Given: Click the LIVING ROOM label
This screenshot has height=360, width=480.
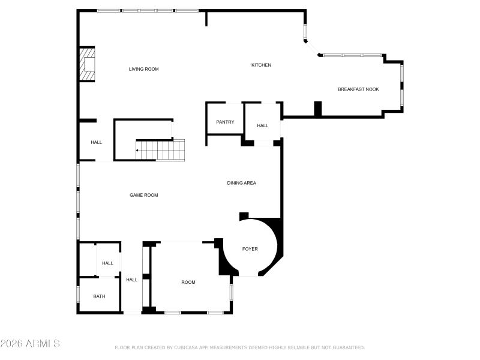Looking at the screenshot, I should (143, 69).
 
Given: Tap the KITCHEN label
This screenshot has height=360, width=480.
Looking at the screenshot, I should (261, 65).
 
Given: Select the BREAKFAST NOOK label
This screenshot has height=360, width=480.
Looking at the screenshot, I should (358, 89).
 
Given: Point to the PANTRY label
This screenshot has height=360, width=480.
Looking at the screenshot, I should (225, 122).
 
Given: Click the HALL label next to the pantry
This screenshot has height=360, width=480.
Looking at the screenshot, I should (262, 125).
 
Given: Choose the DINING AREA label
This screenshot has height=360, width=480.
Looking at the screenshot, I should (241, 183).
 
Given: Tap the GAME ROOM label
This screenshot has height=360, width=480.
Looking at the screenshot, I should (144, 195).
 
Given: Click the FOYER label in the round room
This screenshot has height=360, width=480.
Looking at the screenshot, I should (250, 248).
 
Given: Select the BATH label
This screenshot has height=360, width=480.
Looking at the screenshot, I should (99, 296).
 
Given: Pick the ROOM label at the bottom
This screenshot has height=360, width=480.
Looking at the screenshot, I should (188, 282).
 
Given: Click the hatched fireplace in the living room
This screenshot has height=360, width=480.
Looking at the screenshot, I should (88, 64).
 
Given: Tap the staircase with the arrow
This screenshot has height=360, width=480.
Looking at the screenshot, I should (161, 150).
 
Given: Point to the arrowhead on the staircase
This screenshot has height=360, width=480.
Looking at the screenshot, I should (137, 150).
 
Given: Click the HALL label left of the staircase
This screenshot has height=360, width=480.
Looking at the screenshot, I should (96, 142).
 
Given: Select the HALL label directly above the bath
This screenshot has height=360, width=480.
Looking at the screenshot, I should (107, 263).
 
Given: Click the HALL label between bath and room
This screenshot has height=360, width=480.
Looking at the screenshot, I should (131, 279).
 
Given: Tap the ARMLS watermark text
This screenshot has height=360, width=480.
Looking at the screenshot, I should (30, 344).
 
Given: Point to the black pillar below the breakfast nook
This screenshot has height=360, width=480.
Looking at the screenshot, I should (317, 109).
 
